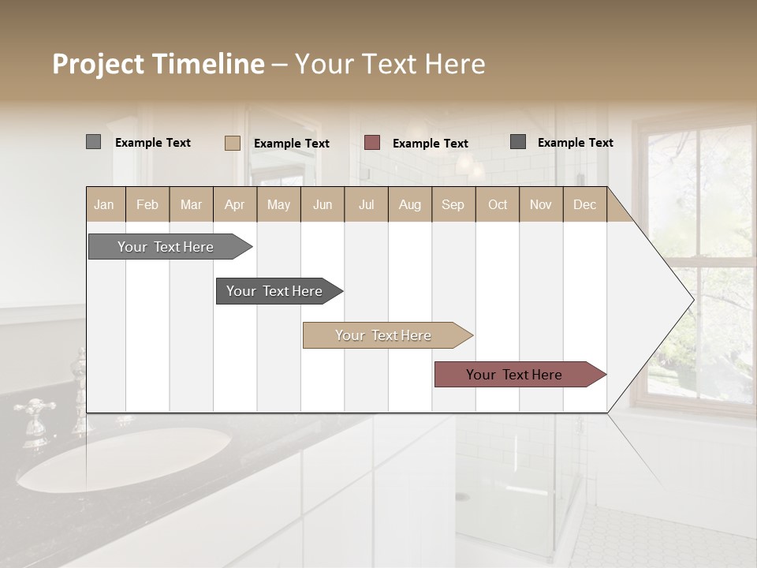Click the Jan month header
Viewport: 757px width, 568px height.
pos(104,204)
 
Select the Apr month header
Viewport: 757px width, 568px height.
pos(234,204)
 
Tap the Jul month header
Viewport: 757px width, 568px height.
pos(366,204)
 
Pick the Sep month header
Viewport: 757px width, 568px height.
pos(453,204)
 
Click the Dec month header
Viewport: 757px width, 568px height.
pos(584,204)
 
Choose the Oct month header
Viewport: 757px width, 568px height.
pos(497,204)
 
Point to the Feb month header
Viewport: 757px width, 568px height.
pos(147,204)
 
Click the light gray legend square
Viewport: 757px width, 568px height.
pos(93,142)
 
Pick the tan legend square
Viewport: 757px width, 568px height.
pos(232,143)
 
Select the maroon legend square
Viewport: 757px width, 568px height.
pos(371,142)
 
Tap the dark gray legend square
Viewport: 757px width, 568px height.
pos(517,142)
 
